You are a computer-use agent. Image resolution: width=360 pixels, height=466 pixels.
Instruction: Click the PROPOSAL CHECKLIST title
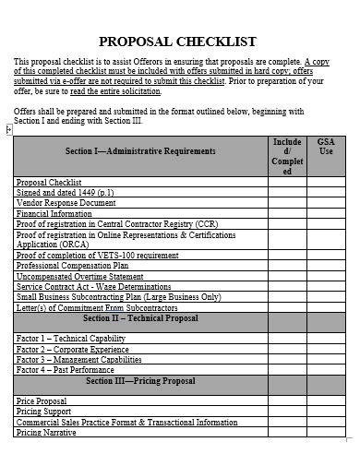point(177,42)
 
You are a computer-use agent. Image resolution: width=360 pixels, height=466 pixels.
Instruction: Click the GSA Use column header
point(326,147)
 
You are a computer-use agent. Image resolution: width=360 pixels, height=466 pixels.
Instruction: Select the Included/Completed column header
point(287,157)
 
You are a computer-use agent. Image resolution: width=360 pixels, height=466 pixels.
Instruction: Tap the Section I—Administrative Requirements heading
point(140,150)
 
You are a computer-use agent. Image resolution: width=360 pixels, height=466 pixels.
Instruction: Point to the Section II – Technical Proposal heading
point(140,317)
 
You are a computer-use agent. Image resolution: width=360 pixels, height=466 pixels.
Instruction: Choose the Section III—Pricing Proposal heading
point(140,380)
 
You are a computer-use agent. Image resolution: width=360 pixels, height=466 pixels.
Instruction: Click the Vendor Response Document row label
point(66,202)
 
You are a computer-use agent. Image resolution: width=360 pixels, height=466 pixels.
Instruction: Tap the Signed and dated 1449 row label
point(66,192)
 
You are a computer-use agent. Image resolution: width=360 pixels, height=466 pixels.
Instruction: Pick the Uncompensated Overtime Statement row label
point(80,276)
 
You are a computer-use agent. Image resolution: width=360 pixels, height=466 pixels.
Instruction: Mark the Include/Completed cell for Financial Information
point(287,212)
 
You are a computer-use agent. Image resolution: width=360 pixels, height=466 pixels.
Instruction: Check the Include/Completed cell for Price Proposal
point(287,401)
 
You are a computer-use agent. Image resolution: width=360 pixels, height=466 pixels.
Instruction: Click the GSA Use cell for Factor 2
point(326,349)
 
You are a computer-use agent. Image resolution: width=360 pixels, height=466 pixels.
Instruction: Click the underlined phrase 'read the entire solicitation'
point(115,91)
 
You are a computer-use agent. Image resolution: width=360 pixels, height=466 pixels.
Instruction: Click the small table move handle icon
point(9,129)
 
